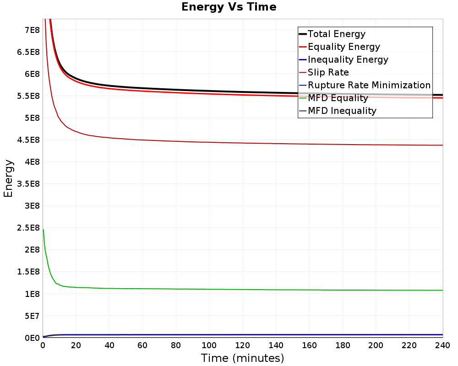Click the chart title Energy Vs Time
pos(229,7)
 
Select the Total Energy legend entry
pos(332,34)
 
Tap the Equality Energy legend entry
pos(340,47)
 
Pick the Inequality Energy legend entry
pos(344,59)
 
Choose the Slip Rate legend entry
pos(324,72)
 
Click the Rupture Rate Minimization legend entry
pos(365,85)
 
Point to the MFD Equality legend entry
pos(333,98)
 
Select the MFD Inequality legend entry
pos(338,111)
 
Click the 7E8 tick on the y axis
pos(32,30)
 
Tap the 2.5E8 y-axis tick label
pos(28,228)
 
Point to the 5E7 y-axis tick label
pos(32,316)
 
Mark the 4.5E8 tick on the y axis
pos(28,140)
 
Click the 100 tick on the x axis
pos(209,345)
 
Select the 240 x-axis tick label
pos(442,345)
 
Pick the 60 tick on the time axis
pos(142,345)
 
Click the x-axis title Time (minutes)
pos(242,358)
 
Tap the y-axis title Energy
pos(8,178)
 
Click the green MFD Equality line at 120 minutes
pos(243,290)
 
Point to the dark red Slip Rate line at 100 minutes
pos(209,142)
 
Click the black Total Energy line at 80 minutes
pos(176,90)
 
